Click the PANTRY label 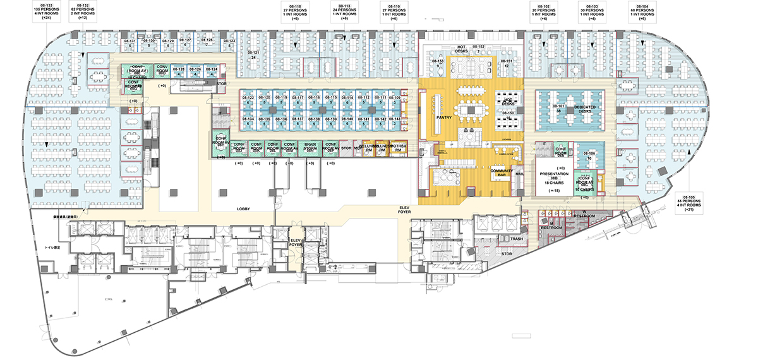442,117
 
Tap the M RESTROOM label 547,225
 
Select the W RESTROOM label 584,213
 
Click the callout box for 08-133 46,11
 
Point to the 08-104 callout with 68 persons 642,11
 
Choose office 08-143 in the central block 395,121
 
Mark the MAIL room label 520,172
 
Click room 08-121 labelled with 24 253,55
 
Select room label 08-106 589,155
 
